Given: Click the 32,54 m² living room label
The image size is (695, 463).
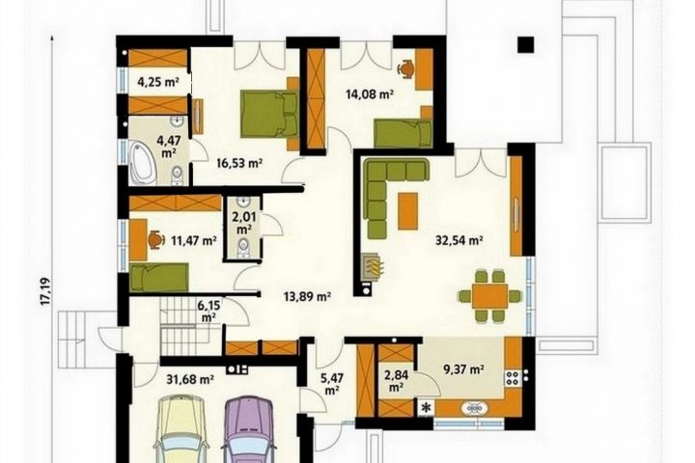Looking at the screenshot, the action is pos(459,240).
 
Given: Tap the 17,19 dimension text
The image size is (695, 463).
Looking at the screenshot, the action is pos(45,291).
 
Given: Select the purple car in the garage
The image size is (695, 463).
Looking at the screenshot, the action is pos(249,430).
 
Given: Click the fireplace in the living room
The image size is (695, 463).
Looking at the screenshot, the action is pos(371,267).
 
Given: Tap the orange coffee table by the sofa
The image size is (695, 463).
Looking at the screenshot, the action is pos(407,211).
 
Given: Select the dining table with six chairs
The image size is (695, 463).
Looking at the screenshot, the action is pos(489,296).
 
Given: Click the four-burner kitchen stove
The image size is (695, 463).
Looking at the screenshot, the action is pos(513,377).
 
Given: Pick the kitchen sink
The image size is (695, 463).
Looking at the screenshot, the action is pos(475,408).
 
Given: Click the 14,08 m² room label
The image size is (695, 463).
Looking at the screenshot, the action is pos(370,94).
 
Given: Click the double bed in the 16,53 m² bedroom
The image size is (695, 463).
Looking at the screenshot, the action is pos(269,114).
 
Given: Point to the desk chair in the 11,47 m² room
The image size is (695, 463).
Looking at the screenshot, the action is pos(154,239).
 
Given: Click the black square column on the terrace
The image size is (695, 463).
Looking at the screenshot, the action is pos(527,44).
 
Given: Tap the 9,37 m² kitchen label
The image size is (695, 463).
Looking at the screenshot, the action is pos(463,369).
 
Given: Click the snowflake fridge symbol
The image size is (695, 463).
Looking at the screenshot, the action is pos(428,408).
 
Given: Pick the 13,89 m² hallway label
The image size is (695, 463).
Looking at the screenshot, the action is pos(307,296).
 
